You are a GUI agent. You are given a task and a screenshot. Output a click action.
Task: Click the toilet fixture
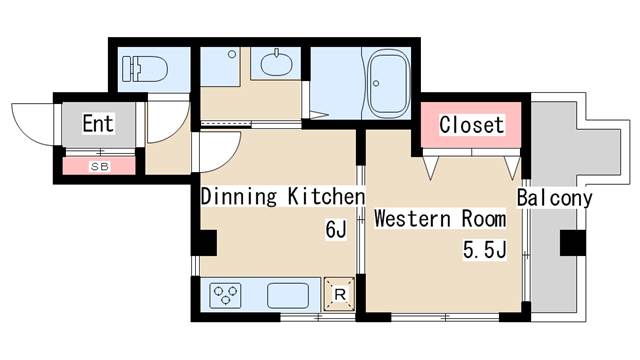tap(145, 69)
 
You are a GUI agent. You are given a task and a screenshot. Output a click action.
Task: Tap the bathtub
tap(389, 83)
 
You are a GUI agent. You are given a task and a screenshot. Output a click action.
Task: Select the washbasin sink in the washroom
tap(276, 64)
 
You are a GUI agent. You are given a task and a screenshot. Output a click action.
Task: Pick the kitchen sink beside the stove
tap(288, 296)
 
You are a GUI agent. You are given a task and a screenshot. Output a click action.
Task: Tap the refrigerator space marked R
tap(340, 294)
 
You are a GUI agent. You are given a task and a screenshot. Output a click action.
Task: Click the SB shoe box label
tap(100, 167)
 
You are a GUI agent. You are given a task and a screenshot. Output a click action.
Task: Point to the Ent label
tap(98, 123)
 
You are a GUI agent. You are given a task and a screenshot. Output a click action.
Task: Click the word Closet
tap(471, 124)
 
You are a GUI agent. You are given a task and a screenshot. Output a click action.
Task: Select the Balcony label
tap(554, 198)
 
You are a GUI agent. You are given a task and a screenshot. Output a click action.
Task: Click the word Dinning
tap(239, 196)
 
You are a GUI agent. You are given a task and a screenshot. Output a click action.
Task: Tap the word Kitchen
tap(326, 196)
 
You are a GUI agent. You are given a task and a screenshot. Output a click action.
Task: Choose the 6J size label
tap(336, 229)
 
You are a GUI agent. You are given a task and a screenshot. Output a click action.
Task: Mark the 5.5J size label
tap(484, 249)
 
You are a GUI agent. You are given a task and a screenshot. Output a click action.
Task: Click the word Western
tap(412, 219)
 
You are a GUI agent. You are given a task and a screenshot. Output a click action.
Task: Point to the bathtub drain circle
tap(376, 83)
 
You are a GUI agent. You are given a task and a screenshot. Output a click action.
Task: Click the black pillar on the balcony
tap(573, 243)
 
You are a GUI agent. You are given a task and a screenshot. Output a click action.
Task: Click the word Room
tap(484, 219)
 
